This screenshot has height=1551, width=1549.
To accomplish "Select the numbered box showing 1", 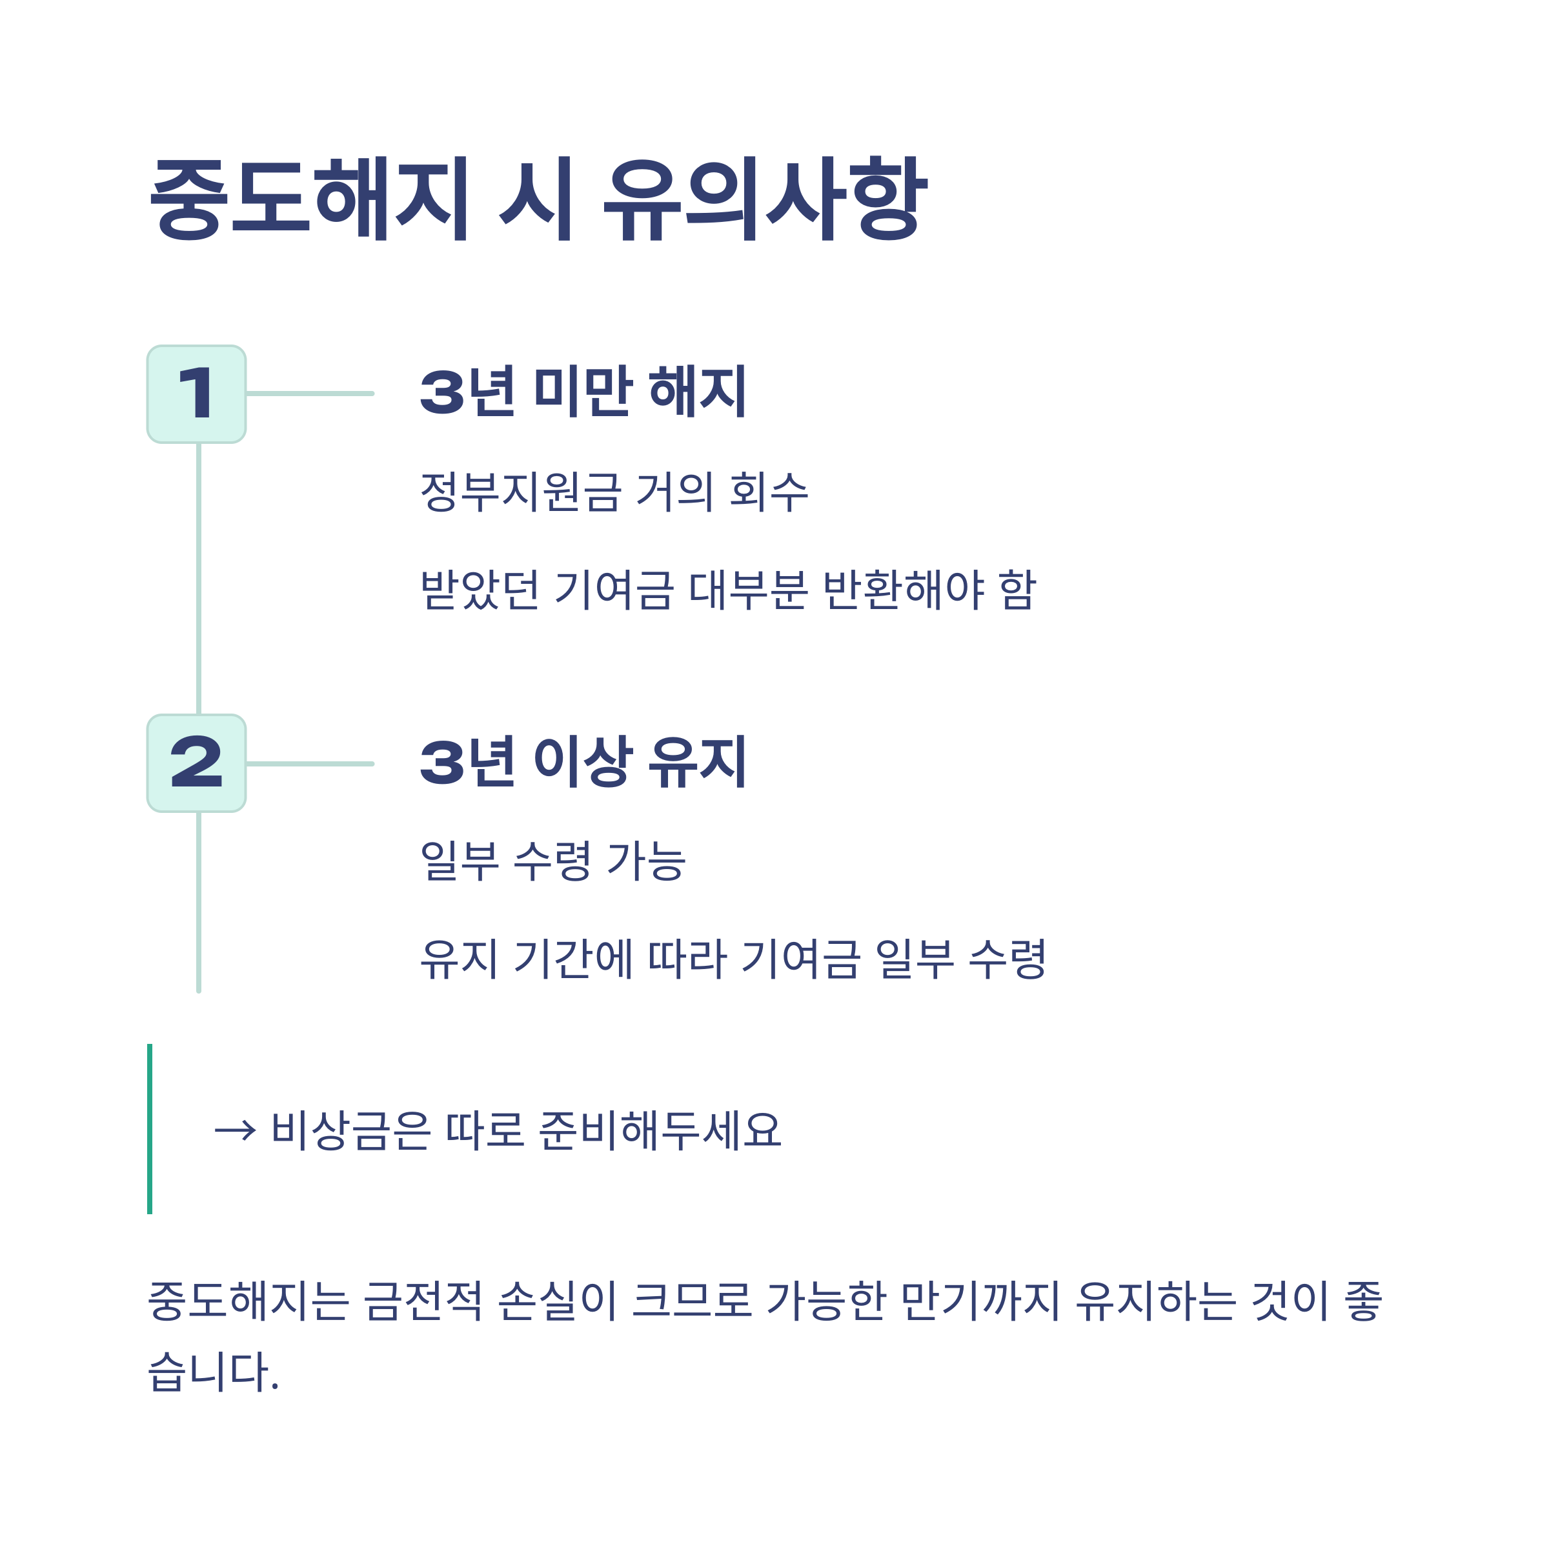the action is click(x=197, y=394).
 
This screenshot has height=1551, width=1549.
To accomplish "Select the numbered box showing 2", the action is click(x=197, y=763).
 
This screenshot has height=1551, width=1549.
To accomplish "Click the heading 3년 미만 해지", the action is click(x=583, y=392).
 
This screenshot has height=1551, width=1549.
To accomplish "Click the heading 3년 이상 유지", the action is click(x=583, y=762).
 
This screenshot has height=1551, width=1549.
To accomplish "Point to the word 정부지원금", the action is click(x=520, y=492).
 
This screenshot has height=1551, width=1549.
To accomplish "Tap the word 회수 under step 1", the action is click(x=769, y=492).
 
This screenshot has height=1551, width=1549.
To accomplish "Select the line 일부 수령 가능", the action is click(x=552, y=861).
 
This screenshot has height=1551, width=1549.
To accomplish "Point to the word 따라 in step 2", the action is click(x=687, y=959).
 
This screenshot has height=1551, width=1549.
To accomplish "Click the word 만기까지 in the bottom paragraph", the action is click(x=980, y=1300).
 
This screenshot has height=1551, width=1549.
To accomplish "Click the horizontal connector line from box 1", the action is click(x=310, y=394).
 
